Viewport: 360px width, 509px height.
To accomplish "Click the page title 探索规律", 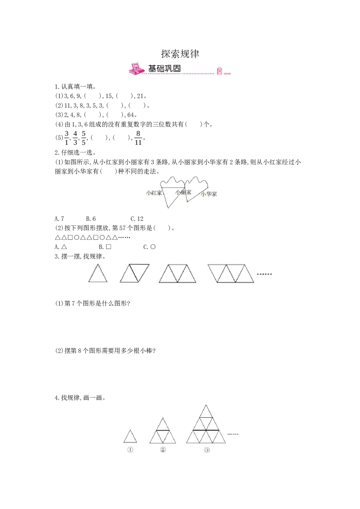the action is click(180, 54).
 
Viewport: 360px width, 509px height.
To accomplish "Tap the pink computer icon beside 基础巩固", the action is click(136, 69).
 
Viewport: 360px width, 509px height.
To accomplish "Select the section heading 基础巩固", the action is click(164, 68).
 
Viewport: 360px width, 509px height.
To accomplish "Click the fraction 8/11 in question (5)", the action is click(138, 138).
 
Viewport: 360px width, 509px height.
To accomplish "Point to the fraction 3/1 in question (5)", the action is click(67, 138).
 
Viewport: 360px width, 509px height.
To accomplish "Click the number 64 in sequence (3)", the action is click(130, 115).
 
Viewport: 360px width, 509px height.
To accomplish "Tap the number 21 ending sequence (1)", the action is click(140, 96).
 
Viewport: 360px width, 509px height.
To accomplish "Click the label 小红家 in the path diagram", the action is click(154, 193).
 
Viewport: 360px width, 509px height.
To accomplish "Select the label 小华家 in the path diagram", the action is click(209, 194).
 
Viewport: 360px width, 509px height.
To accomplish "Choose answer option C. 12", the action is click(137, 219).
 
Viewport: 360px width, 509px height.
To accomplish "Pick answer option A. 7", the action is click(59, 219).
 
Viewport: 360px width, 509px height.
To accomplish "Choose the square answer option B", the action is click(105, 247).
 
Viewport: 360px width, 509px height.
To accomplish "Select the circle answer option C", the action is click(149, 247).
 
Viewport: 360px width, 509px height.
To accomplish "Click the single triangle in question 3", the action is click(98, 273).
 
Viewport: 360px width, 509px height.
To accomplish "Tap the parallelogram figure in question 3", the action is click(135, 273).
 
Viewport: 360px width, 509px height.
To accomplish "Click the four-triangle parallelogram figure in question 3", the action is click(231, 273).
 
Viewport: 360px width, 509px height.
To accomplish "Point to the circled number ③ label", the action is click(207, 450).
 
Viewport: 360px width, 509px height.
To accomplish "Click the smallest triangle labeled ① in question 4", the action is click(130, 437).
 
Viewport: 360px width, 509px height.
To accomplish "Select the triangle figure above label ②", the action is click(163, 431).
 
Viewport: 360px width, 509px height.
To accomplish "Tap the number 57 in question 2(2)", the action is click(122, 228).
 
